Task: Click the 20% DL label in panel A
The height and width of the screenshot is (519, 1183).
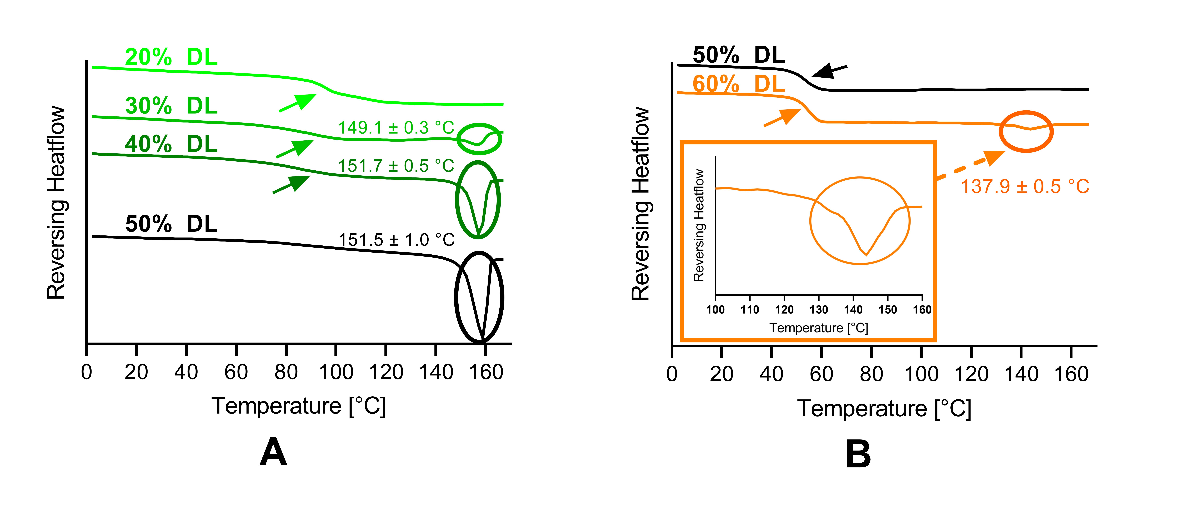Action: tap(171, 57)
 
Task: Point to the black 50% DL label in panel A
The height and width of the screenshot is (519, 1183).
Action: tap(171, 224)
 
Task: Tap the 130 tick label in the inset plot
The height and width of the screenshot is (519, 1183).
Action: tap(819, 310)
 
